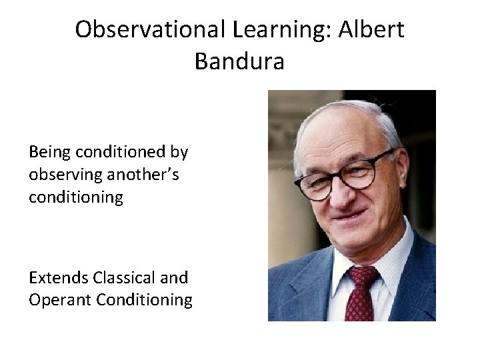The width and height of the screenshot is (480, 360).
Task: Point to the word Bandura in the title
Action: click(x=239, y=61)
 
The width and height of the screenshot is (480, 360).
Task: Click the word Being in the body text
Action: click(x=49, y=152)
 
